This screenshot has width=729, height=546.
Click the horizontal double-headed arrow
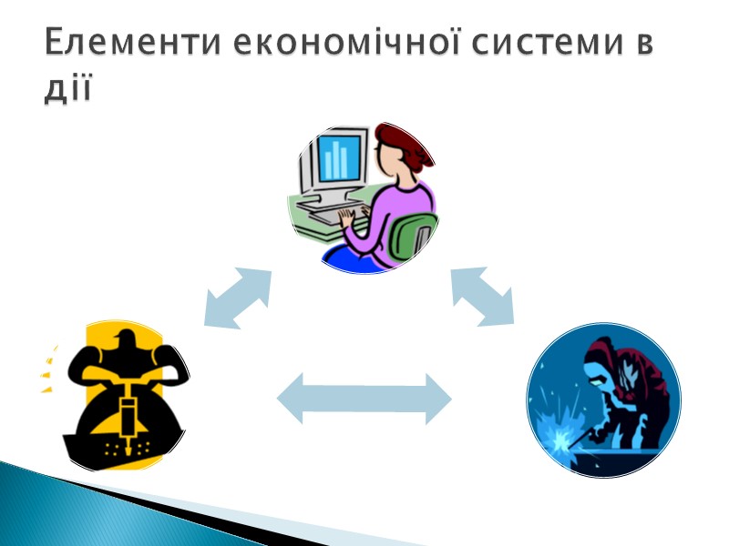(364, 399)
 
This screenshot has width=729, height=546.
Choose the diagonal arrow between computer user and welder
(482, 296)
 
